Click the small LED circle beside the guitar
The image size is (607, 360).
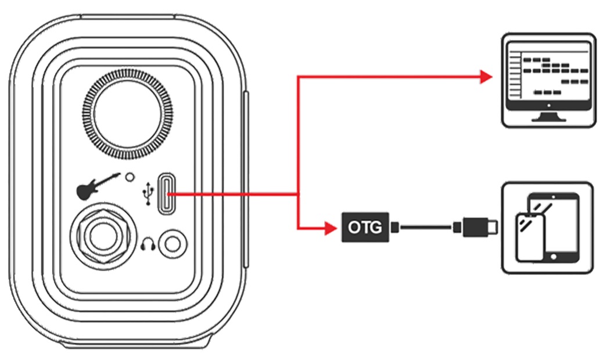click(130, 175)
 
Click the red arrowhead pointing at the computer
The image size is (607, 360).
click(486, 76)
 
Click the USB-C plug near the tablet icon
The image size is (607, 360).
click(478, 227)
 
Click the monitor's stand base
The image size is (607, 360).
click(548, 118)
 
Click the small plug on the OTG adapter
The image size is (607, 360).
click(394, 228)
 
